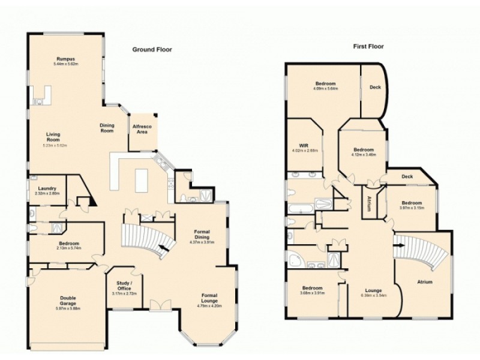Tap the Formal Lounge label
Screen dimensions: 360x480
tap(209, 298)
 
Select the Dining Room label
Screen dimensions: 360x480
tap(107, 127)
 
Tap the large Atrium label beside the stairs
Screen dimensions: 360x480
tap(424, 281)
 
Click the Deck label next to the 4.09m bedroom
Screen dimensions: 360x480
tap(375, 87)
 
